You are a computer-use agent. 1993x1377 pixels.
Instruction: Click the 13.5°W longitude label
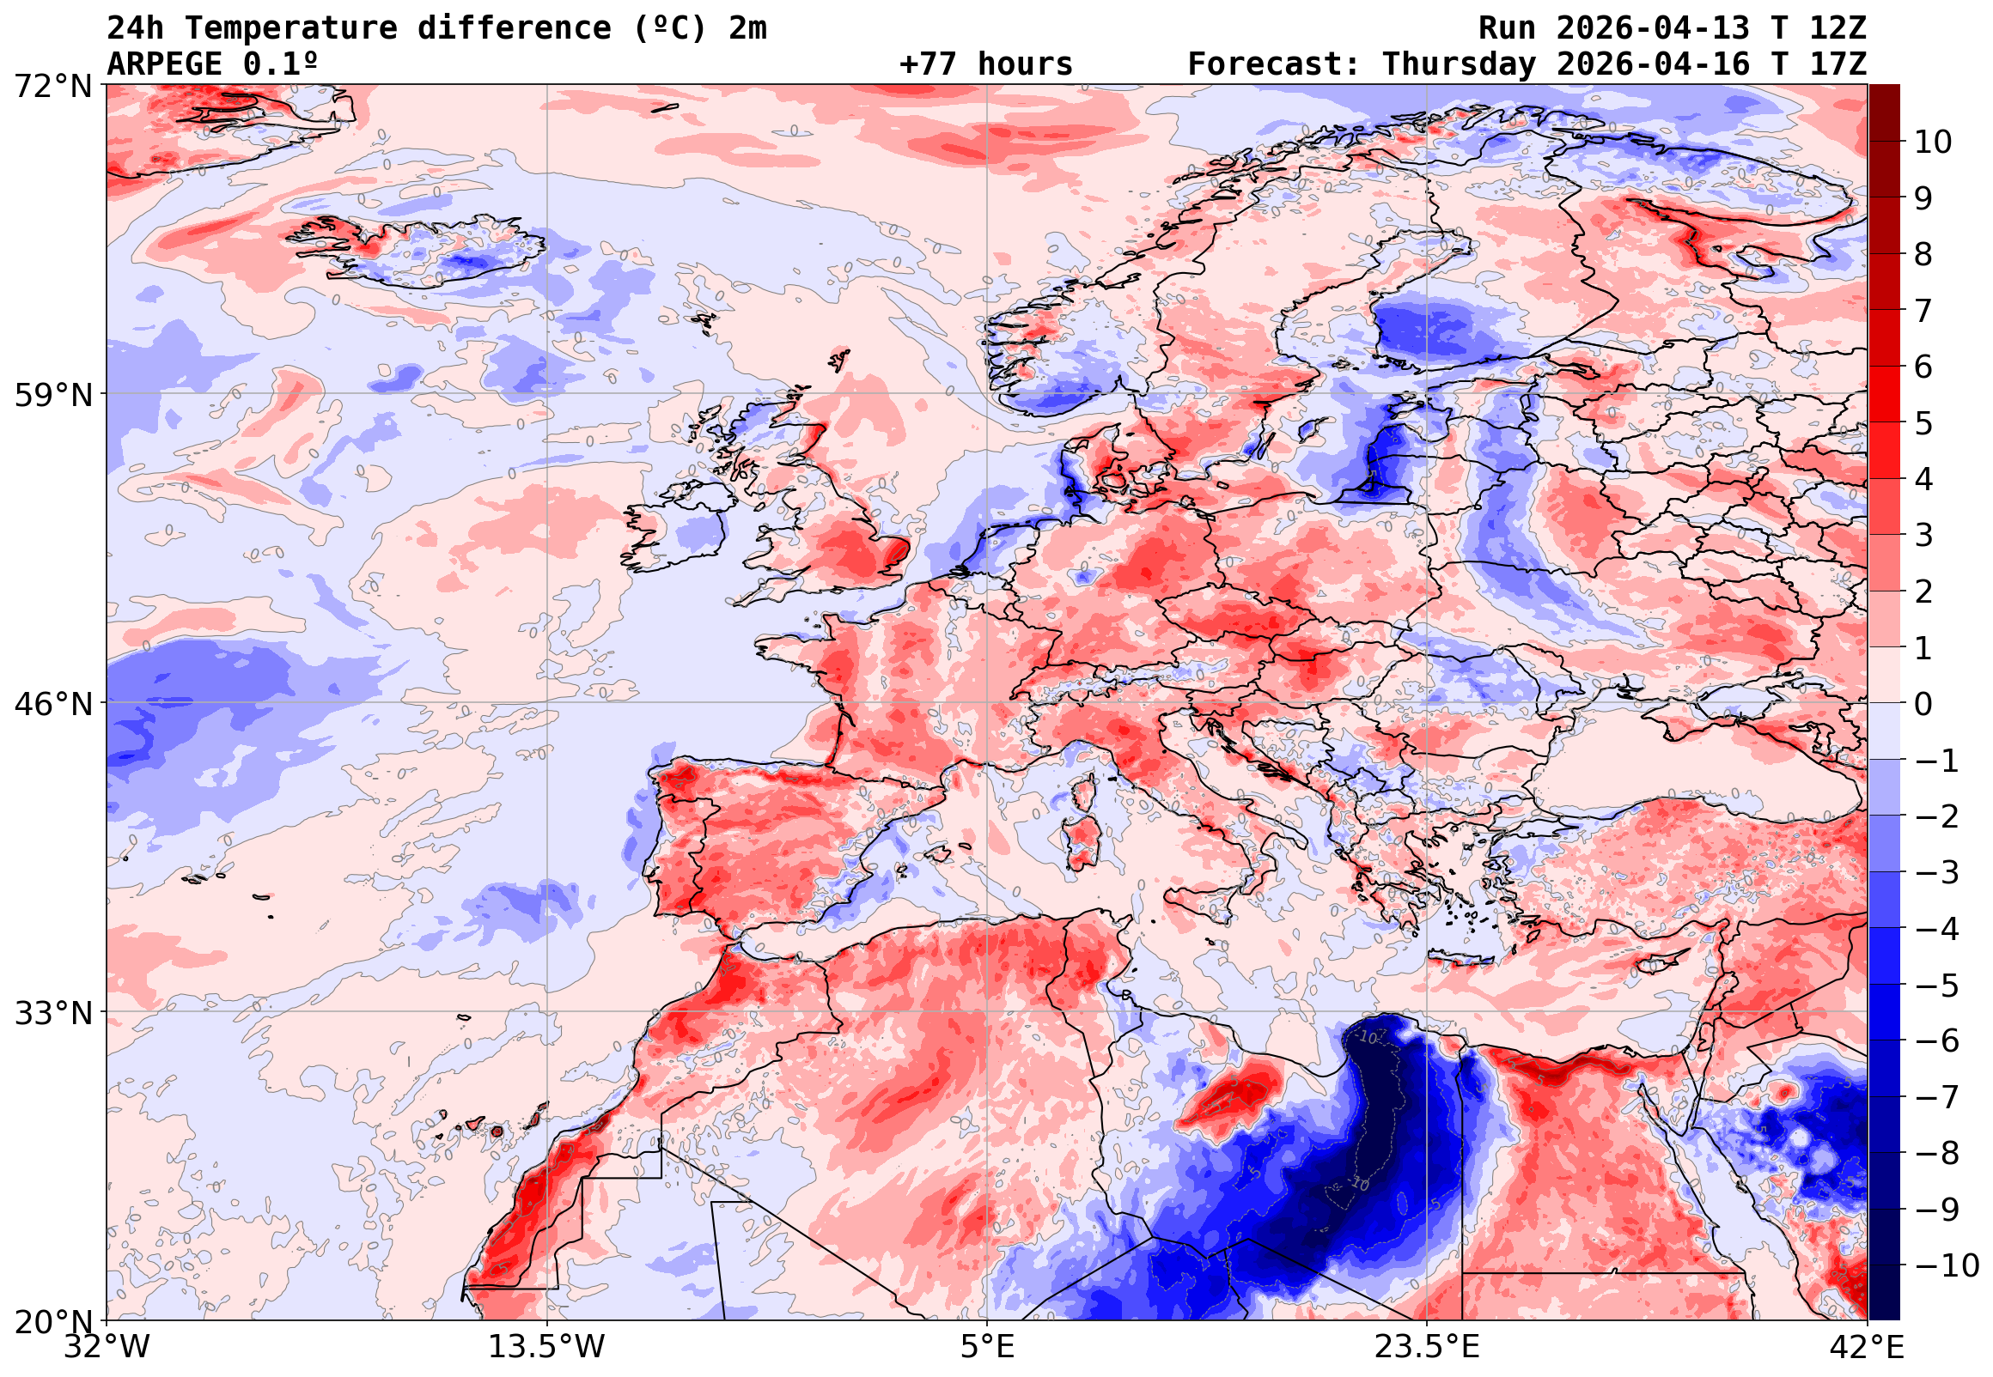tap(546, 1347)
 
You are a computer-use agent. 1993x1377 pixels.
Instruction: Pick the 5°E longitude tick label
tap(986, 1347)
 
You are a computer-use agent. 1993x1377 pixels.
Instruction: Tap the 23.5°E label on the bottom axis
tap(1427, 1347)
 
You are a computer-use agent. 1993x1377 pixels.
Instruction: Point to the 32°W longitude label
tap(107, 1347)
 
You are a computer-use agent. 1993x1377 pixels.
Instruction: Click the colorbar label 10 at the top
tap(1933, 143)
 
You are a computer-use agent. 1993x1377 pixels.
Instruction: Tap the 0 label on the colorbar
tap(1923, 704)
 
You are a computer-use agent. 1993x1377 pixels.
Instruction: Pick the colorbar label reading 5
tap(1923, 423)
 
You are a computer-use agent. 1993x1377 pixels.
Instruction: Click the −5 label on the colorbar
tap(1937, 986)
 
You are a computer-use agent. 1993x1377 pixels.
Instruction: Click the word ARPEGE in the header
tap(165, 64)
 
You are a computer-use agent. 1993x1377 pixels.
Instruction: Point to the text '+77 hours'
tap(985, 64)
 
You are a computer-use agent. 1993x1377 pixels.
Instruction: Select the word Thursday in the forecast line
tap(1459, 64)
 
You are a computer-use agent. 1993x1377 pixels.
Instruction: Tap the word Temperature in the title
tap(291, 28)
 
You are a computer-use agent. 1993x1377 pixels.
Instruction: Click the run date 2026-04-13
tap(1653, 28)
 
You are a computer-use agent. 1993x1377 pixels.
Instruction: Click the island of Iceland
tap(423, 250)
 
